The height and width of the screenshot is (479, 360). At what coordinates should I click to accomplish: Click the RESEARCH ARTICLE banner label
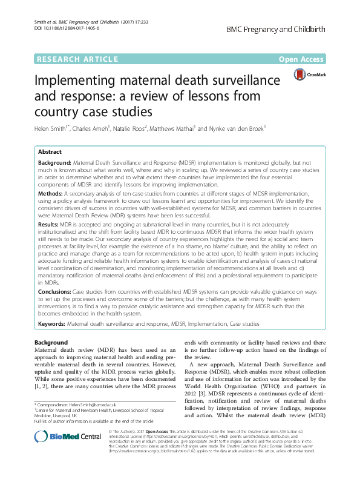tap(77, 59)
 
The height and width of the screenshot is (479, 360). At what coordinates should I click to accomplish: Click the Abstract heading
tap(50, 153)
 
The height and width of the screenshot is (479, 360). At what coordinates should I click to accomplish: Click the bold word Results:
tap(50, 224)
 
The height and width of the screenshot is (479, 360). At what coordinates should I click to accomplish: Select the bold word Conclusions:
tap(57, 291)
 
